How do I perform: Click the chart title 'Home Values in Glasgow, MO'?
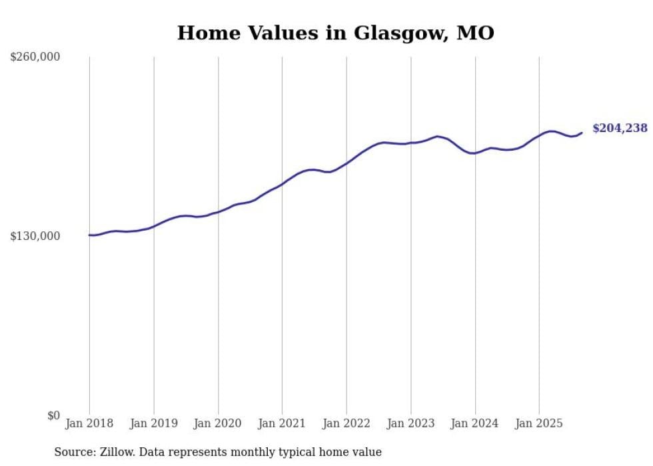point(335,33)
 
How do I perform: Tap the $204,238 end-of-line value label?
point(620,129)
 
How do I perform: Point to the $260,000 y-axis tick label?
point(35,57)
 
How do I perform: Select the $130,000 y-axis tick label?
point(35,236)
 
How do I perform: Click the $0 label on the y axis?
point(53,415)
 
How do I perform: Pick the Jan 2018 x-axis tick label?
point(89,423)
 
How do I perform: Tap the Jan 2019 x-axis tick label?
point(154,423)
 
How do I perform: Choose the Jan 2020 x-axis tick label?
point(218,423)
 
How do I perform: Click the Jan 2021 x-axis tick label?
point(282,423)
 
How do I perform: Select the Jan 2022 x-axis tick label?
point(346,423)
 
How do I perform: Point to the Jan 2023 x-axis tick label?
point(411,423)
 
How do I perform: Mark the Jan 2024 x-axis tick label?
point(475,423)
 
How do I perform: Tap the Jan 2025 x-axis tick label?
point(539,423)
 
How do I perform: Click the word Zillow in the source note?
point(116,452)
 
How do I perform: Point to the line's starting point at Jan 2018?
point(89,235)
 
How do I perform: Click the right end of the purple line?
point(582,133)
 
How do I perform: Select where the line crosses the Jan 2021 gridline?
point(282,183)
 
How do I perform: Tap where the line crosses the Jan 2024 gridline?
point(475,153)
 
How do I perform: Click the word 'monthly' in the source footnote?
point(255,452)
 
